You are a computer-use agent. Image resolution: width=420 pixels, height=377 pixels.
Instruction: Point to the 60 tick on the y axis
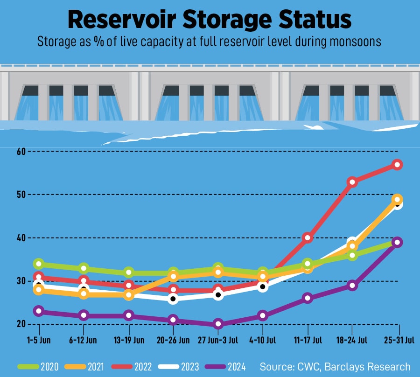coord(20,151)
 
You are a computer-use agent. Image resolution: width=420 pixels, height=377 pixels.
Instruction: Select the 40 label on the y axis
coord(20,237)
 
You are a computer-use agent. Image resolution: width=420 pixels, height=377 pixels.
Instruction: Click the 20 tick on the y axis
coord(20,324)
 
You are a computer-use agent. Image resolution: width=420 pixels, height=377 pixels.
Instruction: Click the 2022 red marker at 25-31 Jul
coord(397,165)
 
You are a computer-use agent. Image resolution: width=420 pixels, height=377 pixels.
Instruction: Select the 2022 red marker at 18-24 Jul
coord(352,182)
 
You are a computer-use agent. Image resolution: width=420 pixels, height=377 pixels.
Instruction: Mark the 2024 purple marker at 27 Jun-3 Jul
coord(218,324)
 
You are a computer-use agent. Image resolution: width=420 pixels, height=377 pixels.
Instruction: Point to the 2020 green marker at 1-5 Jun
coord(39,264)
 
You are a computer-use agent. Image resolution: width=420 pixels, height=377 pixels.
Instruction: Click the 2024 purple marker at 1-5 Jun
coord(39,311)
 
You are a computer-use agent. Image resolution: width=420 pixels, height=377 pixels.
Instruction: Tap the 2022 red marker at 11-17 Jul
coord(308,238)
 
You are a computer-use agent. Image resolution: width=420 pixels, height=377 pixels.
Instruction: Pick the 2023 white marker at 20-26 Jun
coord(173,299)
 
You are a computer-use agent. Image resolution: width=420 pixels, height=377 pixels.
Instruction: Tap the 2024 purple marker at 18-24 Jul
coord(352,286)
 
